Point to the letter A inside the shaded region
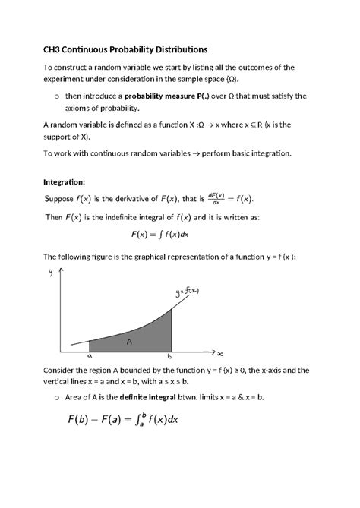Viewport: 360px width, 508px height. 130,342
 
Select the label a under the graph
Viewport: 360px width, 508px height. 89,355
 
